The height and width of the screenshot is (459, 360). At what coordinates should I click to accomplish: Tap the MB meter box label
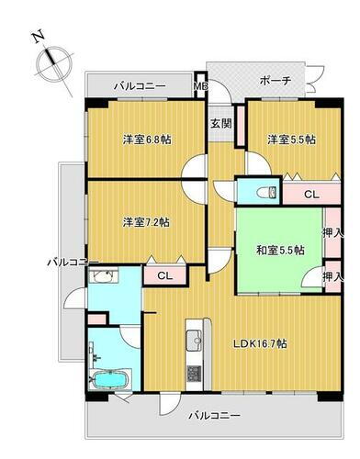200,87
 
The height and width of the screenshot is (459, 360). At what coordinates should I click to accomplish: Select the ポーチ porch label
276,81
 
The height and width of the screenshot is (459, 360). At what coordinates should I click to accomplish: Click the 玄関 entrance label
220,123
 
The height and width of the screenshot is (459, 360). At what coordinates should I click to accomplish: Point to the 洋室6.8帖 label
148,140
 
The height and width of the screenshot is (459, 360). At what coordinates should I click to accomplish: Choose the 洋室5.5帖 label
291,140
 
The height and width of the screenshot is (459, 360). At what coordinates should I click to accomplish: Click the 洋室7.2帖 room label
148,221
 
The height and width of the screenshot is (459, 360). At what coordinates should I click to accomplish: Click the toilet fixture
264,191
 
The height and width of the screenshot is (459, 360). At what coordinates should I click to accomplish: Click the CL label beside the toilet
311,195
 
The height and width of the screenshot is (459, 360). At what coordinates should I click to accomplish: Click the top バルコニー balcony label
140,86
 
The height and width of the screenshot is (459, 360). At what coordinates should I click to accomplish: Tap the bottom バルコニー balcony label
215,416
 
